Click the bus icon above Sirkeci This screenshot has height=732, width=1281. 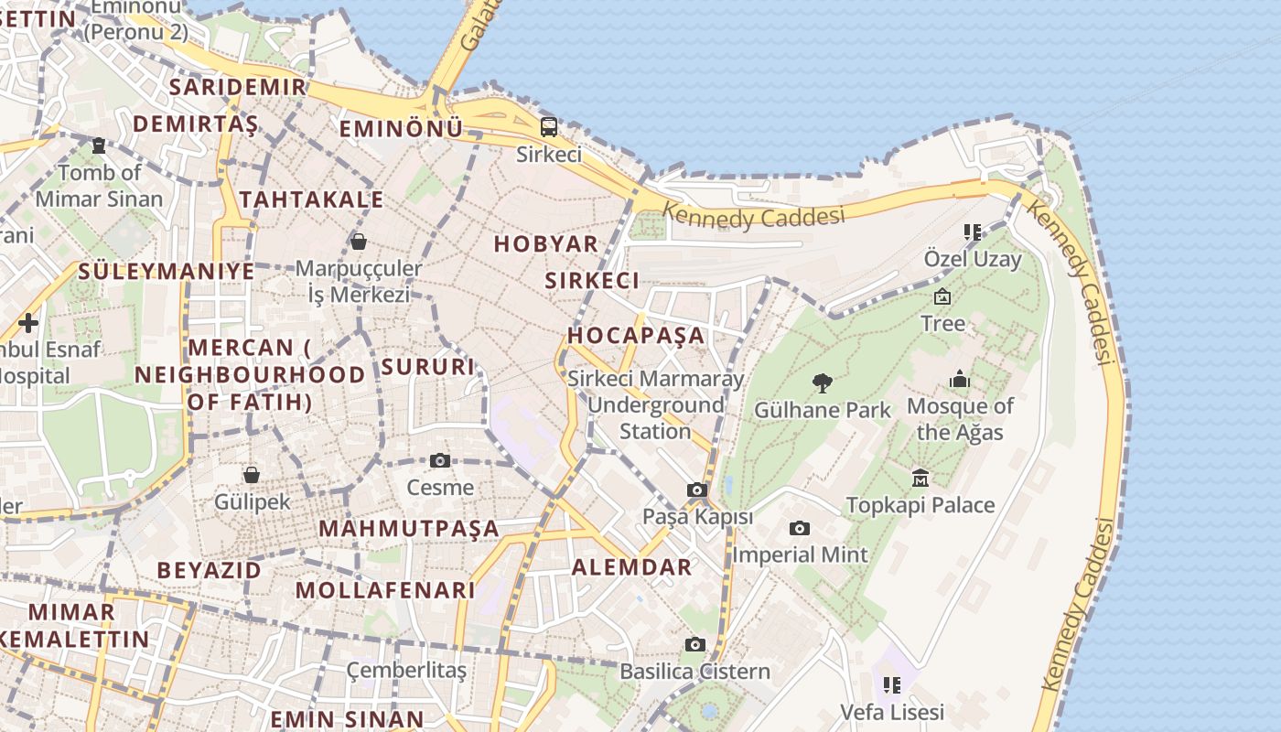[x=549, y=127]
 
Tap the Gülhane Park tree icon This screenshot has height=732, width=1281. [x=823, y=383]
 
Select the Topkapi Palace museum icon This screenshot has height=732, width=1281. [x=920, y=478]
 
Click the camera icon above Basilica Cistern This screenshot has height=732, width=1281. [x=695, y=645]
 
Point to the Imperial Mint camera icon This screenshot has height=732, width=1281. [x=800, y=529]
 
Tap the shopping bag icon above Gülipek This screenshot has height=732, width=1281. [x=252, y=475]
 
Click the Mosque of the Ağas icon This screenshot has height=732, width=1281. [x=960, y=379]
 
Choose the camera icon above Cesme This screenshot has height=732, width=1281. [x=440, y=460]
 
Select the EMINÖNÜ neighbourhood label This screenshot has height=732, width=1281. [x=401, y=129]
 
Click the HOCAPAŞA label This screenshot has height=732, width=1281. [x=637, y=335]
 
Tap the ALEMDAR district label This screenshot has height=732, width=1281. [x=632, y=567]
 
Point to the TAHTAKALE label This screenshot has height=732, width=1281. [x=311, y=199]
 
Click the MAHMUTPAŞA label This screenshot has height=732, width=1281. [x=409, y=529]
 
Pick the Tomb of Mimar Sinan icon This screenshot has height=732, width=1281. [x=99, y=145]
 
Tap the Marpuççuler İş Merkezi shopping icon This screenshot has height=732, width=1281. [x=359, y=242]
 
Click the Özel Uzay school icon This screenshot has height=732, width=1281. [x=972, y=232]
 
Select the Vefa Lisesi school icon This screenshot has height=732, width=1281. [x=892, y=685]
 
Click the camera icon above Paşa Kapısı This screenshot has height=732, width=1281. [x=697, y=490]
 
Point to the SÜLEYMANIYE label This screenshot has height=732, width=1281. [x=167, y=271]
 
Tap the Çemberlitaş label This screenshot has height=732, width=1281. [x=406, y=671]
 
